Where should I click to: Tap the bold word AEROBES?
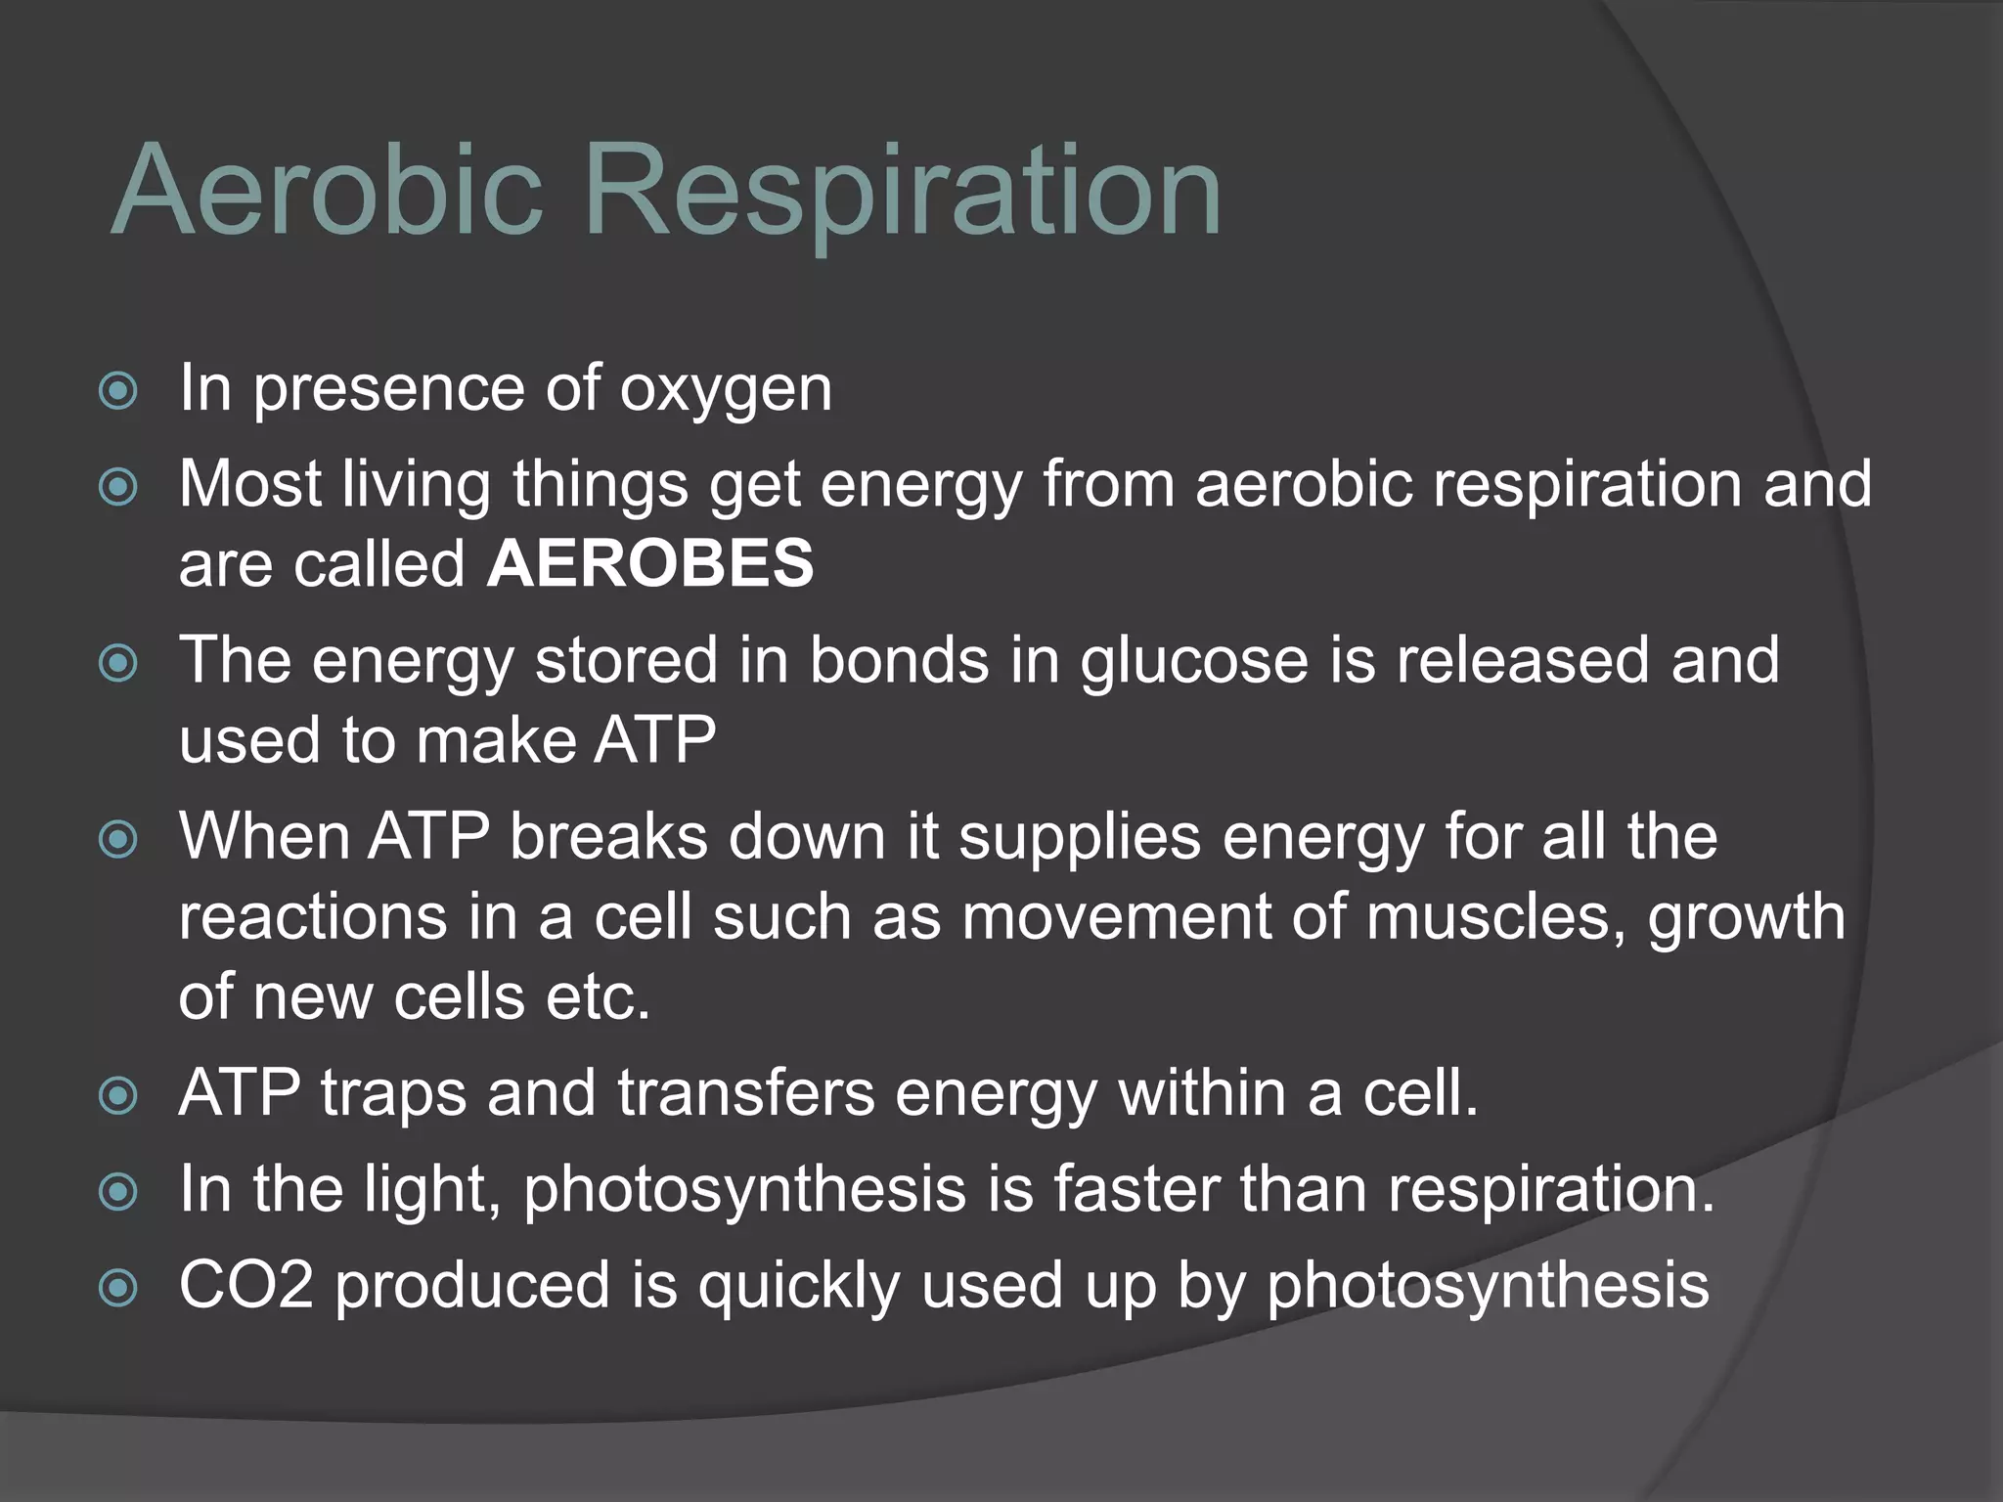(649, 564)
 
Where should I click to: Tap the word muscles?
(1495, 918)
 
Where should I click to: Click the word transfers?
(746, 1092)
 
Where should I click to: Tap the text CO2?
(245, 1285)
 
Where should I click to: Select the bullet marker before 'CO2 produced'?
(118, 1288)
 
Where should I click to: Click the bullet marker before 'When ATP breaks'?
(118, 839)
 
